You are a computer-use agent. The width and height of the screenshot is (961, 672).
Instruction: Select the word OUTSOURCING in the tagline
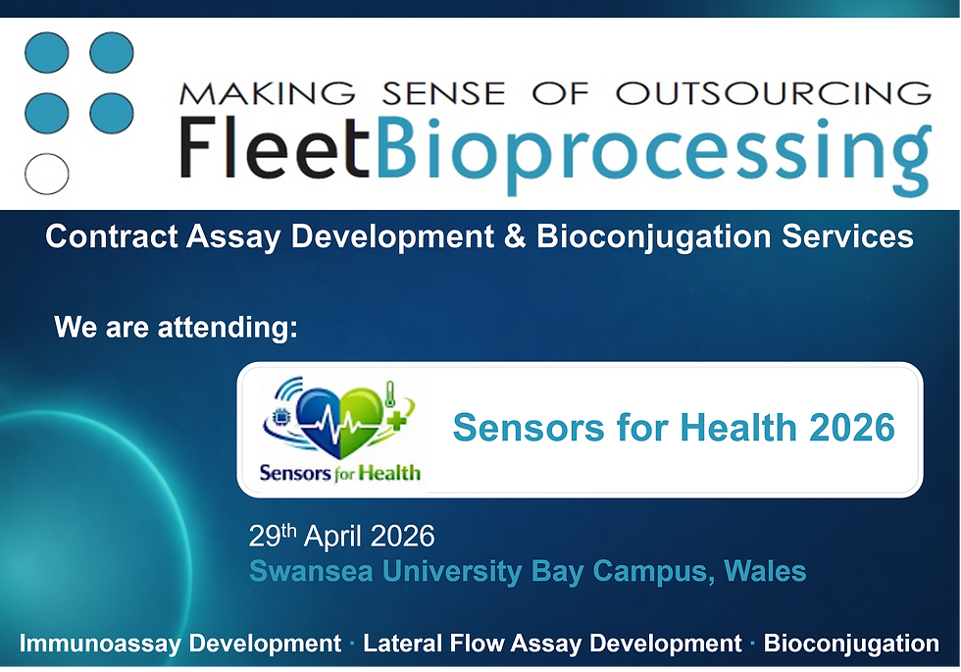point(773,93)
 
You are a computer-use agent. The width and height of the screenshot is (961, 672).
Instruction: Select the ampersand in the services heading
point(515,236)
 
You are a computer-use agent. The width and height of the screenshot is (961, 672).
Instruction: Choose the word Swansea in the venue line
point(300,570)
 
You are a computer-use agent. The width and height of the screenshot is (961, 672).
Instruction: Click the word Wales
point(765,570)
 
